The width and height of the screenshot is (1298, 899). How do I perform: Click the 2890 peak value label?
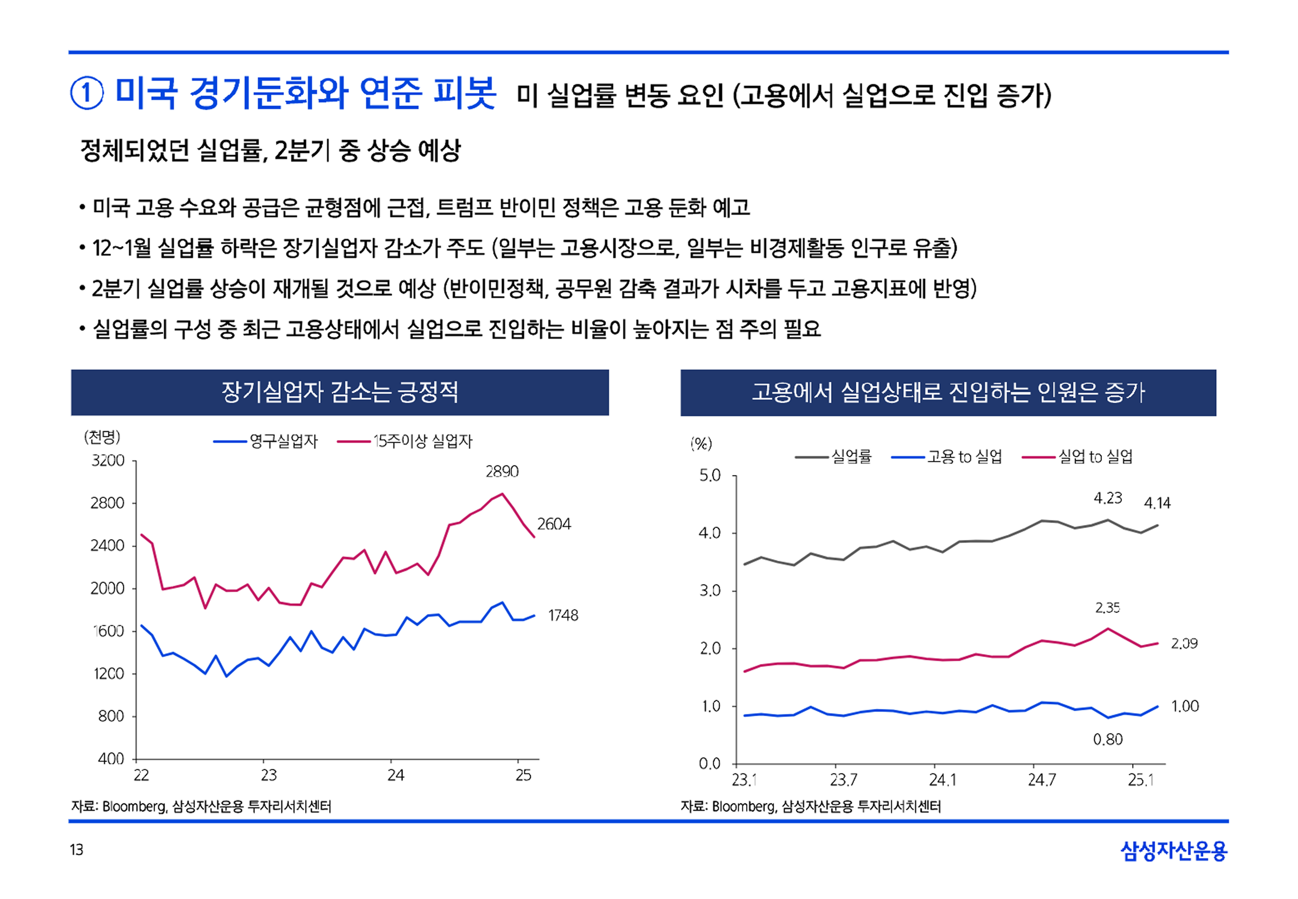pyautogui.click(x=502, y=472)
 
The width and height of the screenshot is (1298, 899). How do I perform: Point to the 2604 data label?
pyautogui.click(x=554, y=524)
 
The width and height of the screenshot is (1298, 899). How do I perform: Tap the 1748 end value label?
pyautogui.click(x=563, y=615)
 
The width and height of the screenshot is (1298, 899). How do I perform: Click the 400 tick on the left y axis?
pyautogui.click(x=111, y=759)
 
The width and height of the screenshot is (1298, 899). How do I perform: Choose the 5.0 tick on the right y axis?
pyautogui.click(x=709, y=476)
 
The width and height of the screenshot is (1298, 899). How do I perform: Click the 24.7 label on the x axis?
pyautogui.click(x=1041, y=780)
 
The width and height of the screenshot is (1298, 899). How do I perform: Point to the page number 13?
pyautogui.click(x=77, y=849)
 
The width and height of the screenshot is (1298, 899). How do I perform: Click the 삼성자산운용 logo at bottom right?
pyautogui.click(x=1173, y=851)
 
